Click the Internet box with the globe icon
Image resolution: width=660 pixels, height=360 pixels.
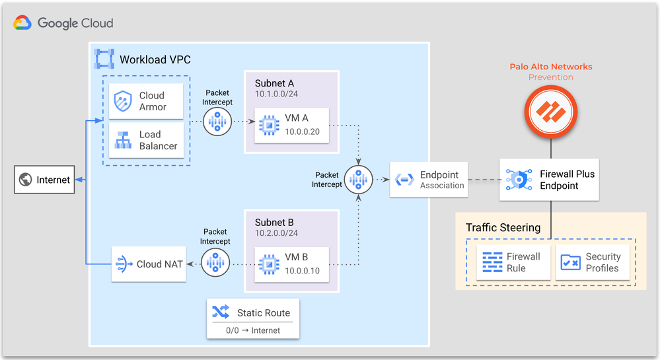click(44, 180)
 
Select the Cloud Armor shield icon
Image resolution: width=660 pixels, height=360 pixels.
click(123, 101)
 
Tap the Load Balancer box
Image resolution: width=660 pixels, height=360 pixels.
click(146, 140)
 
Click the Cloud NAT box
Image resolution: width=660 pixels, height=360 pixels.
click(148, 264)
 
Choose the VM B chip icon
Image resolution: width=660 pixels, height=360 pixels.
click(269, 264)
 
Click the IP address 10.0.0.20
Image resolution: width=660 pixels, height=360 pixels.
click(302, 131)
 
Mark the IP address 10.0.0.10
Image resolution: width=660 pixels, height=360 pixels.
click(302, 271)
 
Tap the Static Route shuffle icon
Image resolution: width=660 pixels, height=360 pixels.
click(219, 312)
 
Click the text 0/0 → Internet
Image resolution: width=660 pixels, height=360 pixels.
click(253, 330)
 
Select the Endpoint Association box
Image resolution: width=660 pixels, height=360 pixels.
click(429, 180)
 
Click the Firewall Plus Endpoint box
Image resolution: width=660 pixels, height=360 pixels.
click(549, 180)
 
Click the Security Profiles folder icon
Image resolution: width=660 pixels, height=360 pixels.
click(570, 262)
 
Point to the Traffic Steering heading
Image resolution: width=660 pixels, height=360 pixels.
click(503, 228)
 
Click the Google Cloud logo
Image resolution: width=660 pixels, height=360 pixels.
click(63, 23)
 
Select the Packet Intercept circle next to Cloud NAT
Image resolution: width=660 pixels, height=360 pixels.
click(216, 263)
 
